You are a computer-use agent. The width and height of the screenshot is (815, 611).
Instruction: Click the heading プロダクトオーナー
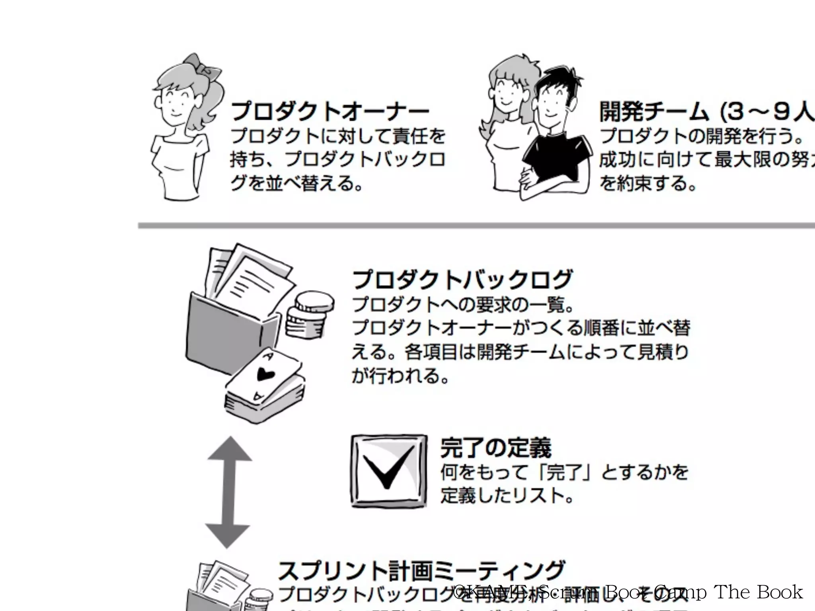tap(330, 111)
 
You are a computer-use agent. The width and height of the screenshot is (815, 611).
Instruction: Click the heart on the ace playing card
tap(263, 374)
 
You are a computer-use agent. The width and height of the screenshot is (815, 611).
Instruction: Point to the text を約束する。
tap(649, 183)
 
